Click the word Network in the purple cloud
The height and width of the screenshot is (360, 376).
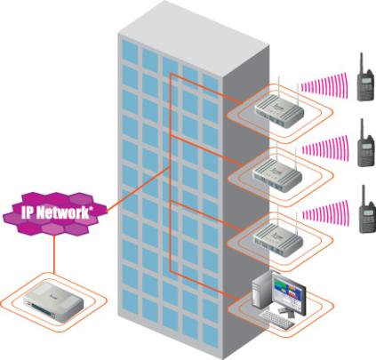pos(64,212)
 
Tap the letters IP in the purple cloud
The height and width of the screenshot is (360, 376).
pos(27,212)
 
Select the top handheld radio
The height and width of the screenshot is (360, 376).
pos(364,77)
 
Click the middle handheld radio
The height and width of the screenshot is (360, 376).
pos(366,143)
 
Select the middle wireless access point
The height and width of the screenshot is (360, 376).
pos(277,176)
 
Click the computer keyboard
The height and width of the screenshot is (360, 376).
pos(277,320)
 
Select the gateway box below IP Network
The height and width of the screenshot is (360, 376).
pos(53,302)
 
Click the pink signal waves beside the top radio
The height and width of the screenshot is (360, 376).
pos(324,85)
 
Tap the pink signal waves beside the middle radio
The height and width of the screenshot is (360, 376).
pos(324,148)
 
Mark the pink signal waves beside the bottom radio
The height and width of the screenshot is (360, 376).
pos(325,214)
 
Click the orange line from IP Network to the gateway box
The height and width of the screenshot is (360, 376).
pos(54,253)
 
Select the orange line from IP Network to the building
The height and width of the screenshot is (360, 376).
pos(138,188)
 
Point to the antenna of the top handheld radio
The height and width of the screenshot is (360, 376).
pos(362,63)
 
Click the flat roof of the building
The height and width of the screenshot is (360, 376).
pos(193,37)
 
